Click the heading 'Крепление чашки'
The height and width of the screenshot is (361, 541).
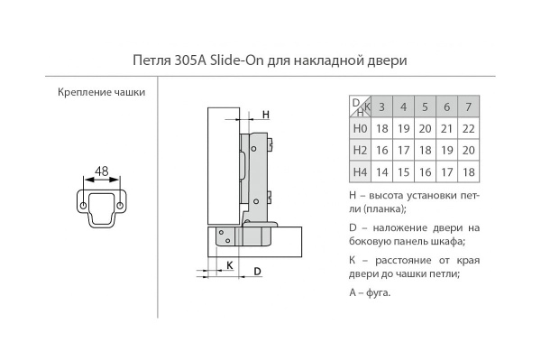pyautogui.click(x=101, y=92)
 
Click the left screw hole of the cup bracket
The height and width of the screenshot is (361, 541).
pyautogui.click(x=83, y=206)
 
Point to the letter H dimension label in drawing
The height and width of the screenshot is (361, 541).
pyautogui.click(x=267, y=115)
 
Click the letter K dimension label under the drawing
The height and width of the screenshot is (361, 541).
pyautogui.click(x=230, y=265)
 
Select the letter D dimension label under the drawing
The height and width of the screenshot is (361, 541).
pyautogui.click(x=257, y=271)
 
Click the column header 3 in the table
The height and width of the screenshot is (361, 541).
pyautogui.click(x=381, y=108)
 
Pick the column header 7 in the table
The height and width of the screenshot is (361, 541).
pyautogui.click(x=468, y=108)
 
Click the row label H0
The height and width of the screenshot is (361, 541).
pyautogui.click(x=360, y=129)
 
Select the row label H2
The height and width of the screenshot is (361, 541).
pyautogui.click(x=360, y=150)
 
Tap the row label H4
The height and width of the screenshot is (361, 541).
pyautogui.click(x=360, y=171)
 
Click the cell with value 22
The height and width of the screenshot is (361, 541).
pyautogui.click(x=468, y=129)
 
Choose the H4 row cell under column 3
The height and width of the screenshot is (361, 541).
pyautogui.click(x=381, y=171)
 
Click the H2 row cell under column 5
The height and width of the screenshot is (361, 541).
pyautogui.click(x=425, y=150)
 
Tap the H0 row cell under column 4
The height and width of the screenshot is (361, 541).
pyautogui.click(x=403, y=129)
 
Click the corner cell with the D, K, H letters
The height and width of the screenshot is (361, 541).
pyautogui.click(x=360, y=107)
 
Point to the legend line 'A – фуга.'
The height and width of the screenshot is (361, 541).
pyautogui.click(x=369, y=293)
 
